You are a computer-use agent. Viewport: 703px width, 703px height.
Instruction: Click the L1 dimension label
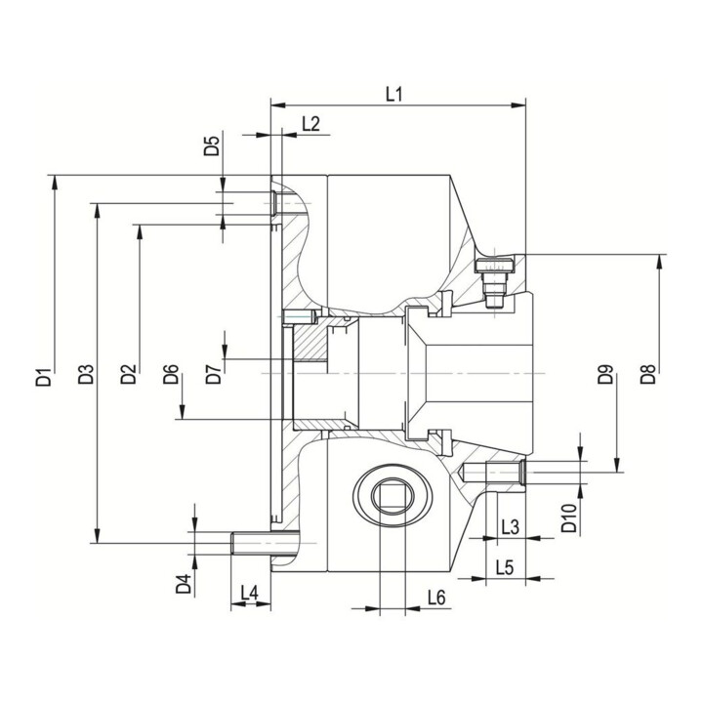tap(394, 94)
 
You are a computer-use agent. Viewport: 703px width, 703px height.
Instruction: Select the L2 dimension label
tap(310, 123)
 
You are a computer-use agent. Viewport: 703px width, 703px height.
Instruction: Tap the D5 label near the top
tap(212, 145)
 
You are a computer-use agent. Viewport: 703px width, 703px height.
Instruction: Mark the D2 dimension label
tap(128, 374)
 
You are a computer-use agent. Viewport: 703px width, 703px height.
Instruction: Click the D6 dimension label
tap(171, 374)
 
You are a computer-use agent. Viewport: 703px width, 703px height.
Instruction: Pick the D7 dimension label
tap(214, 374)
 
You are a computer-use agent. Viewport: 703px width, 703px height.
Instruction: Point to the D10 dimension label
tap(569, 517)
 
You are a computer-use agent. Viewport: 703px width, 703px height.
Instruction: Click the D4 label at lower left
tap(184, 583)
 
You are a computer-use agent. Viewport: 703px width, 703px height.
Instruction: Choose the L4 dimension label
tap(250, 593)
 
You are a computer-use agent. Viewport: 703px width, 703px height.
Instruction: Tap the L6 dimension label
tap(436, 598)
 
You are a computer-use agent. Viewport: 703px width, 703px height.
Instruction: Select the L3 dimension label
tap(511, 527)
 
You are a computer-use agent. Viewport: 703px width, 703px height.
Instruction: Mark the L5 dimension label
tap(505, 568)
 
